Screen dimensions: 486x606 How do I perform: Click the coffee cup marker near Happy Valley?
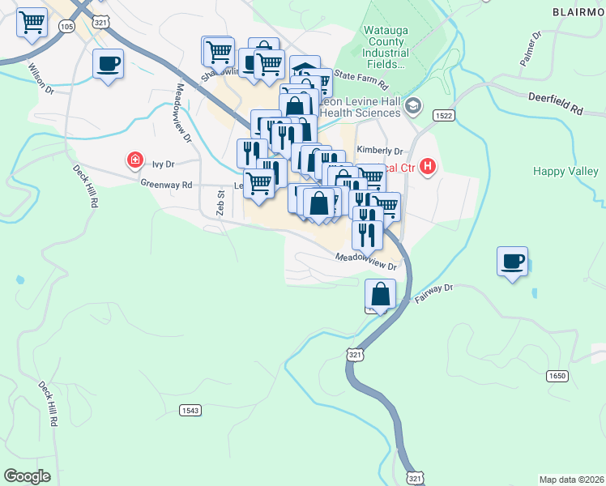pyautogui.click(x=512, y=262)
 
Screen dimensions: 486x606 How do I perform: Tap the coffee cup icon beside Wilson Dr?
pyautogui.click(x=108, y=64)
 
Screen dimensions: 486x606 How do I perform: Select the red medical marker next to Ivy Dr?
pyautogui.click(x=134, y=162)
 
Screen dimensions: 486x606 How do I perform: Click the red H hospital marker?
pyautogui.click(x=429, y=168)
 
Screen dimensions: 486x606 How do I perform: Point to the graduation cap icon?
pyautogui.click(x=413, y=105)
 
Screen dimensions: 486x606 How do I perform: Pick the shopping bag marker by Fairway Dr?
pyautogui.click(x=380, y=295)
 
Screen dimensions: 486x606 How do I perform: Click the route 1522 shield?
pyautogui.click(x=442, y=116)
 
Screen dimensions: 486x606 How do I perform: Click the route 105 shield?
pyautogui.click(x=67, y=27)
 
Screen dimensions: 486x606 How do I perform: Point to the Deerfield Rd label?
pyautogui.click(x=556, y=107)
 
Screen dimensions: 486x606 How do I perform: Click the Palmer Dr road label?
pyautogui.click(x=531, y=49)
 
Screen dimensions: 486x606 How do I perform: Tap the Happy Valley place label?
pyautogui.click(x=565, y=171)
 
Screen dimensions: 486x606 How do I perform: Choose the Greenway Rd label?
pyautogui.click(x=166, y=185)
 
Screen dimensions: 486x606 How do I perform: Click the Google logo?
pyautogui.click(x=27, y=476)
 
